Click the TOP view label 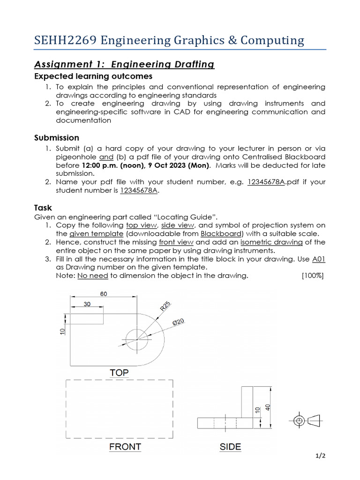[x=119, y=373]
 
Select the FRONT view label [x=125, y=447]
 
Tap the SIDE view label [x=231, y=447]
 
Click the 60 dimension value [x=104, y=293]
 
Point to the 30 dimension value [x=87, y=304]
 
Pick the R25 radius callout [x=165, y=307]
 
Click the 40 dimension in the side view [x=268, y=407]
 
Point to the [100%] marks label [x=313, y=275]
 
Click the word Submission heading [x=57, y=138]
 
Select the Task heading [x=43, y=207]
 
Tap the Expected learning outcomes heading [x=93, y=76]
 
